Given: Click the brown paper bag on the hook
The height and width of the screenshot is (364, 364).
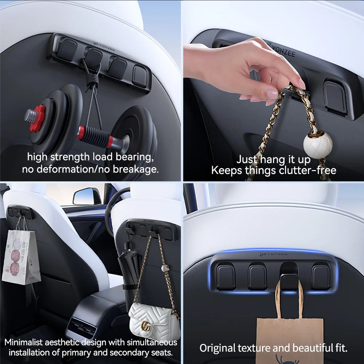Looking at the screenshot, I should click(x=289, y=337).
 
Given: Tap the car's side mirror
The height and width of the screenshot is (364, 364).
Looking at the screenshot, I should click(x=87, y=197).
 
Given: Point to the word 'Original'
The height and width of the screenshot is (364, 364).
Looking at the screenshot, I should click(x=218, y=348).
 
